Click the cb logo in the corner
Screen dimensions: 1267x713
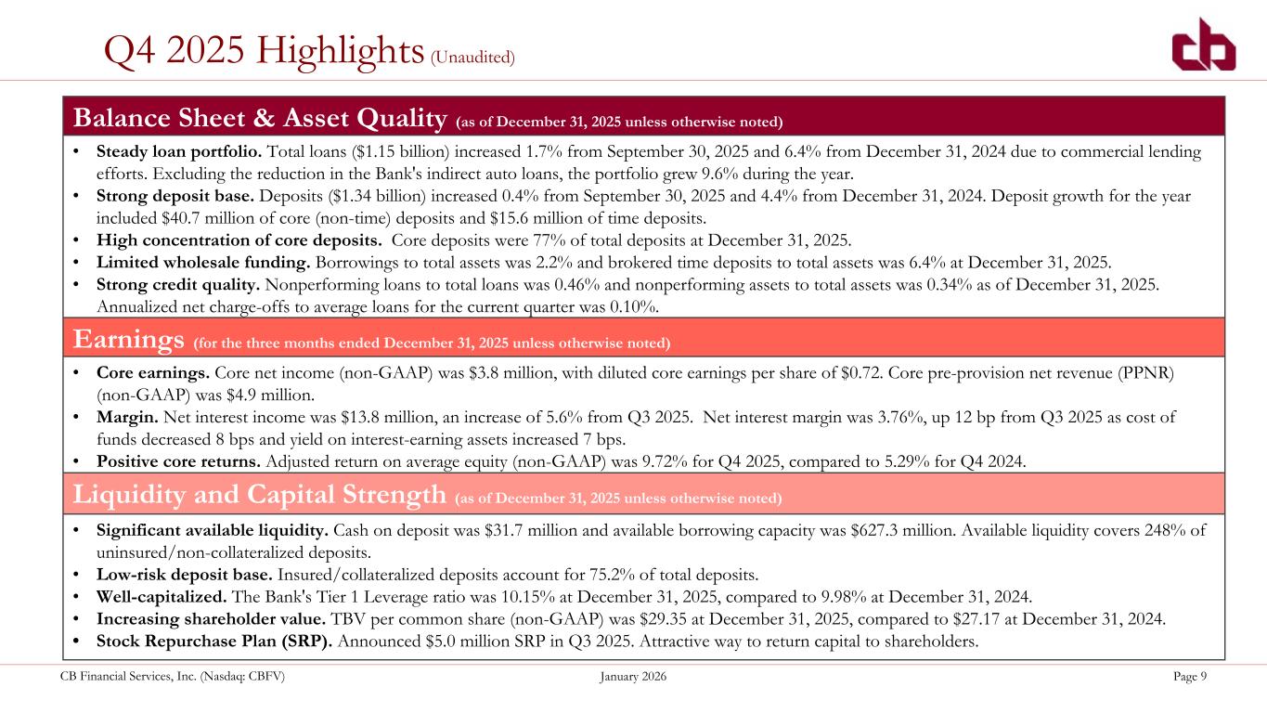[x=1204, y=45]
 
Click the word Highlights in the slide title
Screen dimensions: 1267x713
[x=340, y=51]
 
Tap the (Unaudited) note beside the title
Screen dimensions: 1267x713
[x=472, y=58]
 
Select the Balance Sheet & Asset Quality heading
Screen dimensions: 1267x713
[x=260, y=118]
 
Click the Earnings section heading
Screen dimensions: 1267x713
[x=129, y=340]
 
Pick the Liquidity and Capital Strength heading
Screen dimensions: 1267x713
[x=260, y=494]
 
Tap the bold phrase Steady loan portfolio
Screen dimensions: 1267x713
[x=179, y=151]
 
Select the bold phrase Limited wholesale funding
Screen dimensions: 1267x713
[x=203, y=263]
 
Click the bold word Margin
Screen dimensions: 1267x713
[x=127, y=418]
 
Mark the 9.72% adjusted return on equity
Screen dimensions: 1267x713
[x=665, y=461]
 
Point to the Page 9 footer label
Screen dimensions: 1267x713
[x=1190, y=676]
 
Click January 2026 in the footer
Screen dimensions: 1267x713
[x=633, y=676]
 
